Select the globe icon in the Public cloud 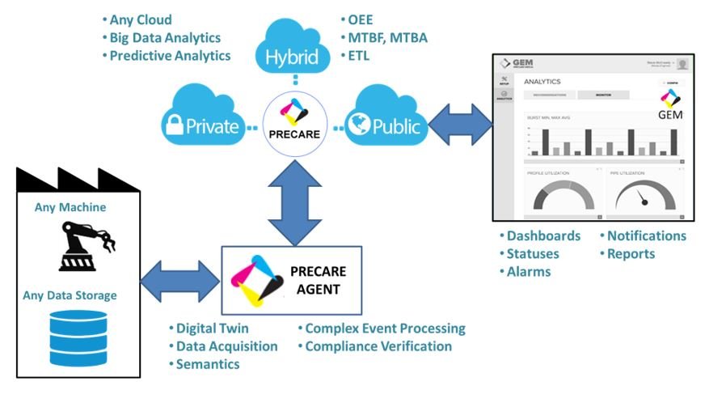(x=358, y=124)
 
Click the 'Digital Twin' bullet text (x=212, y=329)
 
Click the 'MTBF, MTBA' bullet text (x=386, y=37)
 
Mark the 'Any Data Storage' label (x=75, y=295)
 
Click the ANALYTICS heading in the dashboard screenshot (x=542, y=82)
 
